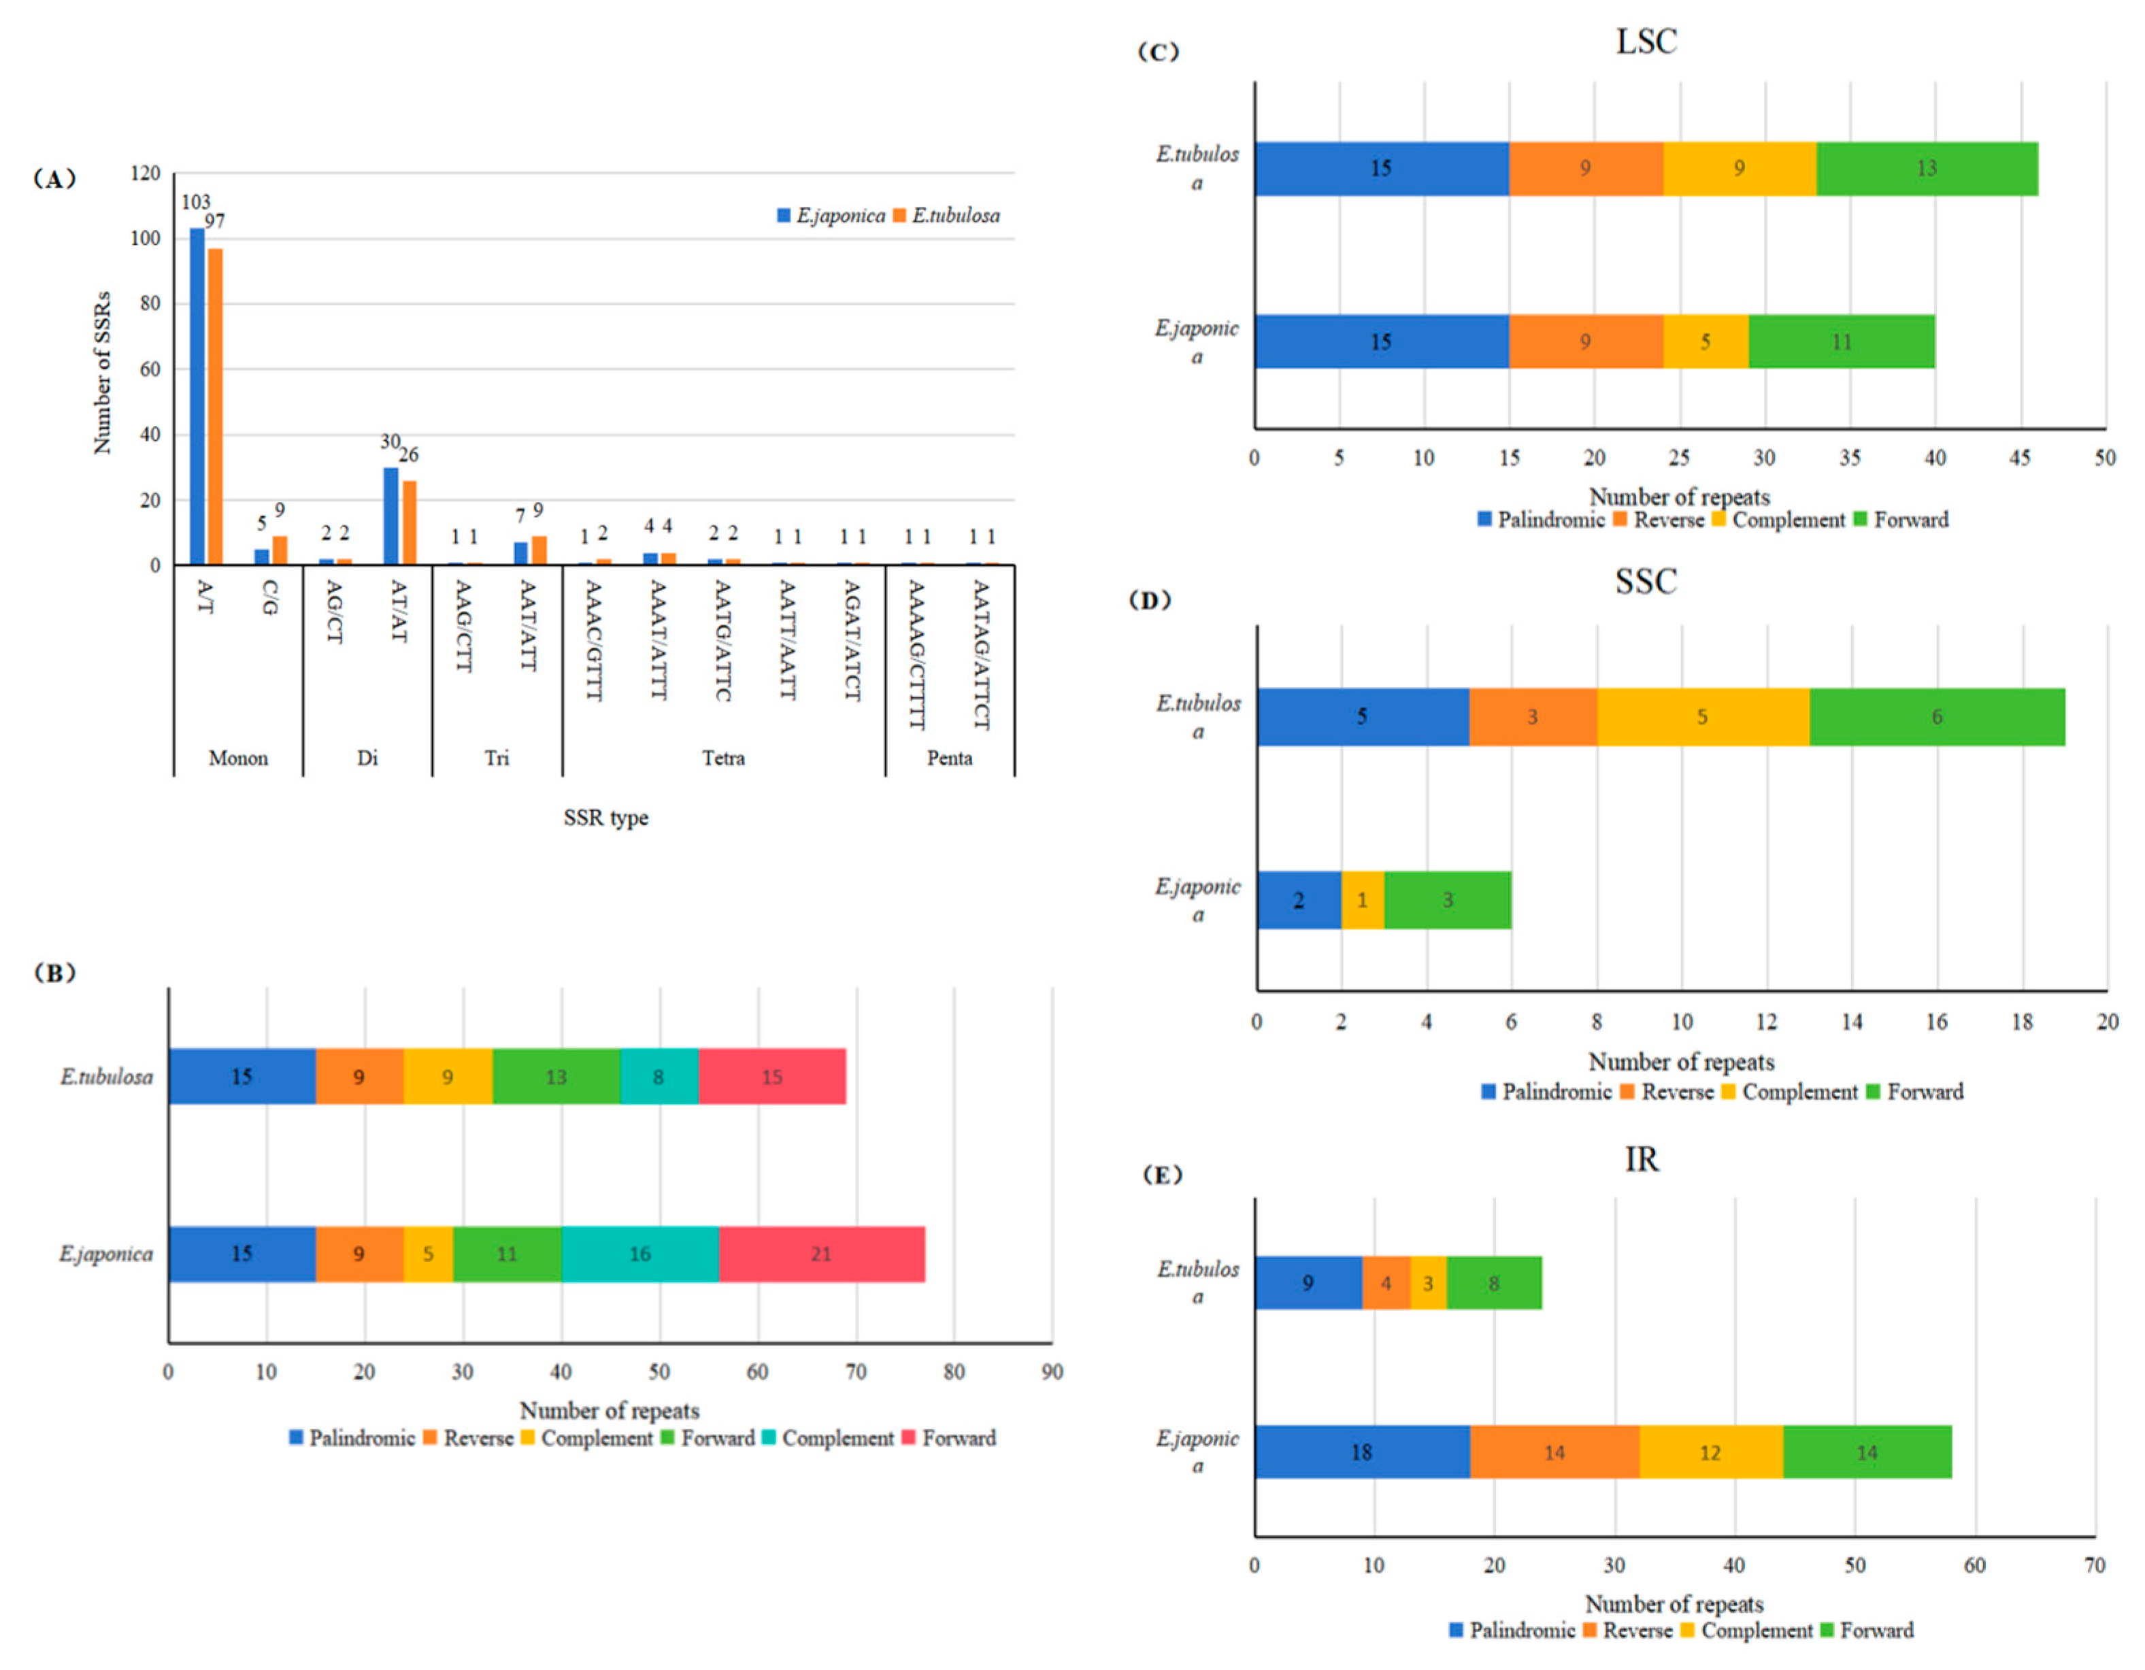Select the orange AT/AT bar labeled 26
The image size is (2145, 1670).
(409, 522)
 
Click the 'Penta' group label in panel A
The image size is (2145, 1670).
(949, 758)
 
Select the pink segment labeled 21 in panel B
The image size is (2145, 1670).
(821, 1254)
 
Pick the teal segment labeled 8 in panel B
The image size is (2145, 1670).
(659, 1077)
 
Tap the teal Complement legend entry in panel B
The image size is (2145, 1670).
(828, 1438)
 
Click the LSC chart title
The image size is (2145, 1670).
(1646, 41)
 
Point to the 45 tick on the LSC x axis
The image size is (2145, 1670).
(2019, 458)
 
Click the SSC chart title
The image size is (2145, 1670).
(1646, 581)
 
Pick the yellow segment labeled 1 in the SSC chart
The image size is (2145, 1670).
(1361, 899)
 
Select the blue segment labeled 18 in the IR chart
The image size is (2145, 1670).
(1361, 1452)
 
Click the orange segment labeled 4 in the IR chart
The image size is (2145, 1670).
(1386, 1282)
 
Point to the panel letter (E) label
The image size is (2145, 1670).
(1162, 1174)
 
